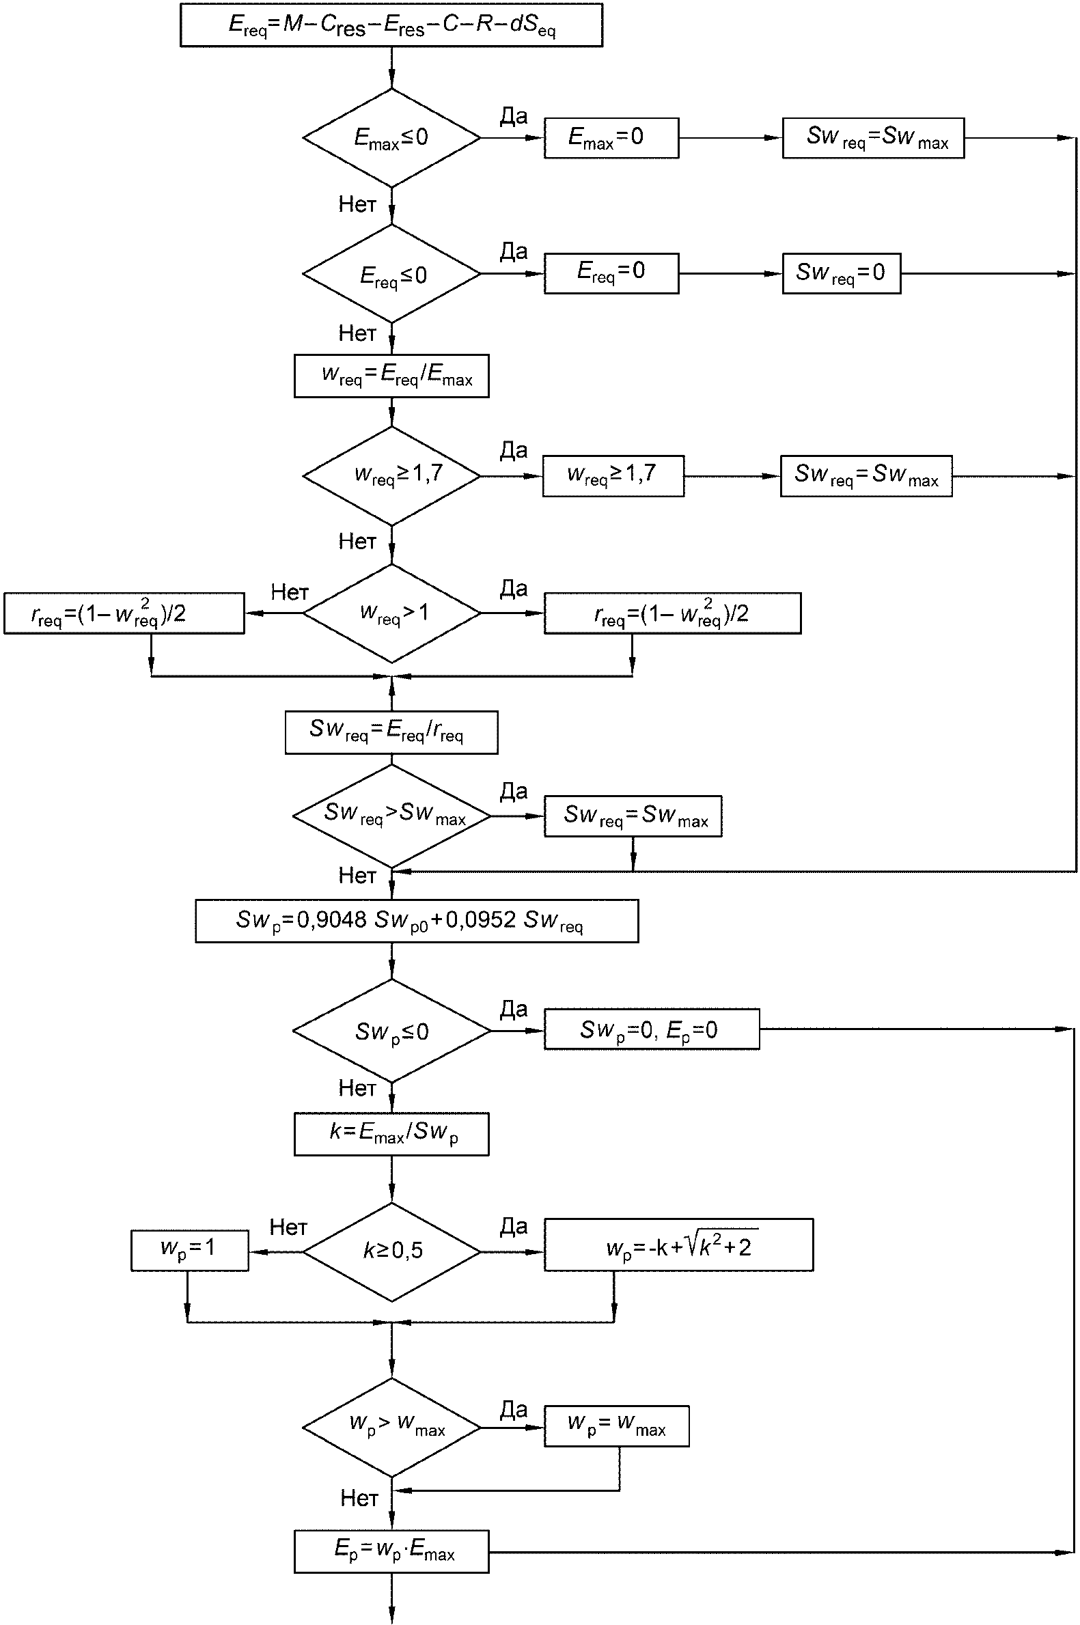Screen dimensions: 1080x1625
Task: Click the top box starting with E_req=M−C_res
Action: click(x=391, y=25)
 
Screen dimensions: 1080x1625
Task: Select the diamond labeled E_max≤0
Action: click(x=391, y=138)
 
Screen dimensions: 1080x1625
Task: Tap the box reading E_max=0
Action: click(x=611, y=138)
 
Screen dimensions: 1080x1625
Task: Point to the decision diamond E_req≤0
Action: click(x=391, y=274)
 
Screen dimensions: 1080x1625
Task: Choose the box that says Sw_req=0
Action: click(x=841, y=273)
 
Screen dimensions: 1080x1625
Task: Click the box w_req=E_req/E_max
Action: click(x=391, y=376)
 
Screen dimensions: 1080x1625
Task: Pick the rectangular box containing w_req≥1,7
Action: click(x=613, y=476)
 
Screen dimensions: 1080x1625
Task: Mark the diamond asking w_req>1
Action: click(x=391, y=613)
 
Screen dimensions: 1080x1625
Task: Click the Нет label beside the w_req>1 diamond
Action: click(x=289, y=592)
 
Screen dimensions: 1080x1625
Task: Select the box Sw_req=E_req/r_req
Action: click(x=391, y=733)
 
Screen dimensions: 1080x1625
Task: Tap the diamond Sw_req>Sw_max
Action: click(x=391, y=817)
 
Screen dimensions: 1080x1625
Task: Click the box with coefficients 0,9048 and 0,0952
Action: click(x=417, y=921)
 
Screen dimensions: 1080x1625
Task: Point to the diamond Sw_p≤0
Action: click(x=391, y=1031)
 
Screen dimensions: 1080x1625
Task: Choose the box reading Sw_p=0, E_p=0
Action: click(x=652, y=1029)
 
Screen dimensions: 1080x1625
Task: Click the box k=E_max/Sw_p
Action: click(x=391, y=1134)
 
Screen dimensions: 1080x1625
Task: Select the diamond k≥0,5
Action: click(x=391, y=1252)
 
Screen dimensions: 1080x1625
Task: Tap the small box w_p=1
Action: click(x=189, y=1251)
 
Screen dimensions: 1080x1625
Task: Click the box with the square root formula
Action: click(x=678, y=1245)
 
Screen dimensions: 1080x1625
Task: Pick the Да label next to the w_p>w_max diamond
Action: click(x=514, y=1409)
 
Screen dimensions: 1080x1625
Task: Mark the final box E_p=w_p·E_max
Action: click(x=391, y=1551)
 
